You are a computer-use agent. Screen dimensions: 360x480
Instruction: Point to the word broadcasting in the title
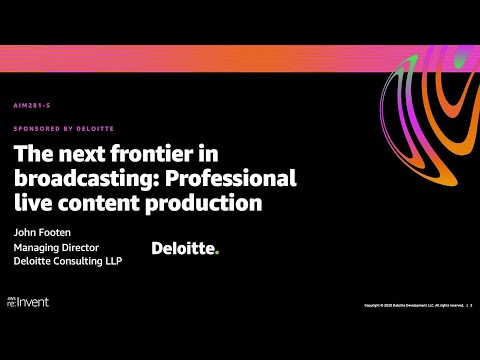pos(72,181)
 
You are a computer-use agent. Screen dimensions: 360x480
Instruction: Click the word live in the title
pos(31,203)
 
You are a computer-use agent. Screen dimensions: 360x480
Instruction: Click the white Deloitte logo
pos(183,247)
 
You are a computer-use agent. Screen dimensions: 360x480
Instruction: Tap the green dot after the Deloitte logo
pos(216,251)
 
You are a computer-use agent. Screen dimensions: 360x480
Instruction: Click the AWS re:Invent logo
pos(29,301)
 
